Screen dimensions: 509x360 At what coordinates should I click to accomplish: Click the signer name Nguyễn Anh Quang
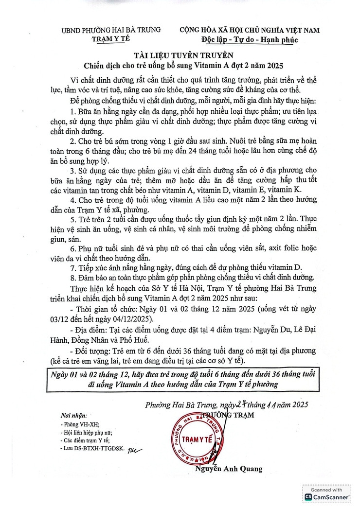(x=228, y=469)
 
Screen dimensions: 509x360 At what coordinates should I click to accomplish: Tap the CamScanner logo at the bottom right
(x=327, y=496)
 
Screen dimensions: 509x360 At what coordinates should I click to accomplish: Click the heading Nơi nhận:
(x=73, y=416)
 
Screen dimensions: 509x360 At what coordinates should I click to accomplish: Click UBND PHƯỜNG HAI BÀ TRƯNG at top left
(x=111, y=30)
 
